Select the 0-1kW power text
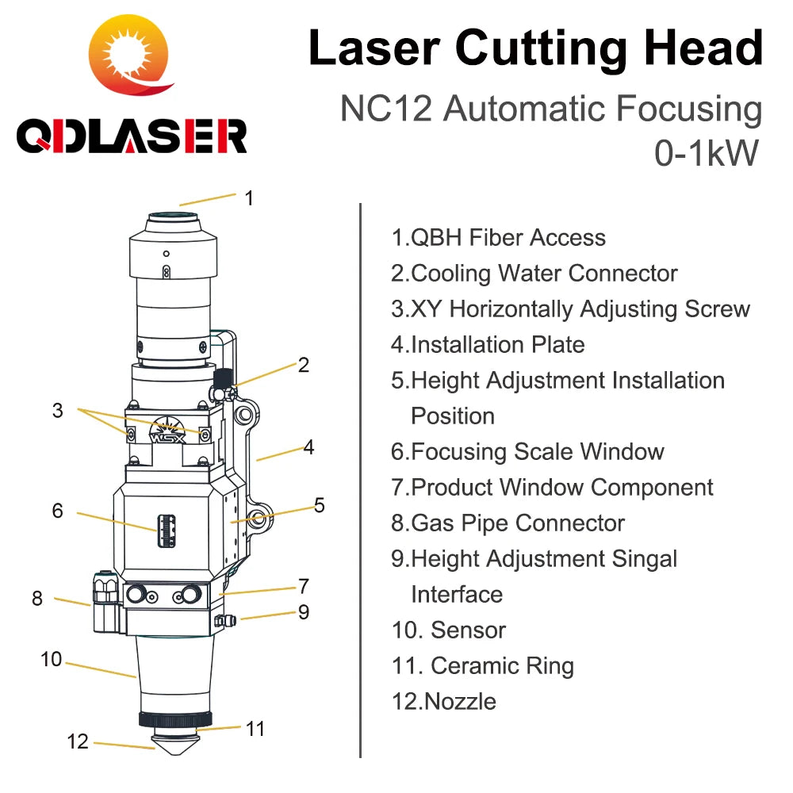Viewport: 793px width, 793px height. coord(707,153)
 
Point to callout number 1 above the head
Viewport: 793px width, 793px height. coord(249,197)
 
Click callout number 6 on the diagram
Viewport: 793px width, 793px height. coord(58,510)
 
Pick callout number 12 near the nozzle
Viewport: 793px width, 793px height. coord(78,741)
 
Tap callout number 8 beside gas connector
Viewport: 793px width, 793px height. coord(37,598)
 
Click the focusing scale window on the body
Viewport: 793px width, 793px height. coord(167,531)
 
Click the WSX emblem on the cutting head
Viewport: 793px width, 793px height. coord(167,431)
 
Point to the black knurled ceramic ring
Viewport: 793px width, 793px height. coord(175,719)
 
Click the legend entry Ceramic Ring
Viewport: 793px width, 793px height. coord(483,666)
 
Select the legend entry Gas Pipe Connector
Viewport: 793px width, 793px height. coord(508,523)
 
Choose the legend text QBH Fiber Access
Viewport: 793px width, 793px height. coord(498,238)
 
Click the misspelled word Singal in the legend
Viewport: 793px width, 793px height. coord(644,559)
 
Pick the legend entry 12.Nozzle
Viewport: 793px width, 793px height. coord(443,702)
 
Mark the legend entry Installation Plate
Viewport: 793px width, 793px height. coord(488,345)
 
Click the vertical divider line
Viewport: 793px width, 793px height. coord(360,481)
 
